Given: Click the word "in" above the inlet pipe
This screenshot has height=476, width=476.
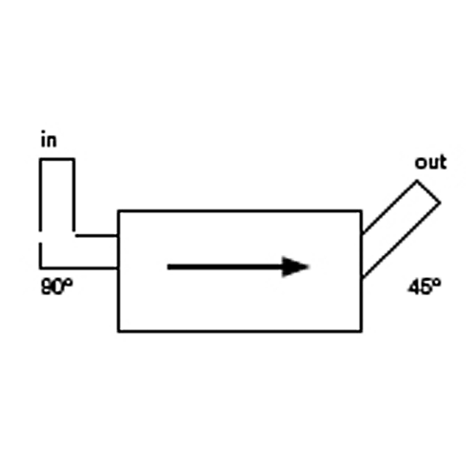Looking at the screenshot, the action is click(x=49, y=140).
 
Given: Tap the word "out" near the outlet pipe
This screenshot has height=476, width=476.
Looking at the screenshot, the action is click(x=430, y=162).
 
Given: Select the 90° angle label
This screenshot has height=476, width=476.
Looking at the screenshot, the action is click(x=57, y=287).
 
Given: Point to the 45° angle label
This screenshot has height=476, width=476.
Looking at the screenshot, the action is click(x=424, y=288).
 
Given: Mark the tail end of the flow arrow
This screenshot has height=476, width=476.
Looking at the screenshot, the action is click(x=168, y=267).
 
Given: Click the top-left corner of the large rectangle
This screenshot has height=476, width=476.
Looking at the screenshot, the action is click(x=118, y=210).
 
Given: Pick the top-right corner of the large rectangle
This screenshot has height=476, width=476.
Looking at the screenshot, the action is click(x=362, y=210).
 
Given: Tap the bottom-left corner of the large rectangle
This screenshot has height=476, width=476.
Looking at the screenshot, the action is click(x=118, y=331).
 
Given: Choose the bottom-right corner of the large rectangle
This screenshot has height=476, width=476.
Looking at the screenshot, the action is click(x=362, y=331).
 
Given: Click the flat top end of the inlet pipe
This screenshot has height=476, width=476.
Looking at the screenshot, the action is click(x=57, y=159).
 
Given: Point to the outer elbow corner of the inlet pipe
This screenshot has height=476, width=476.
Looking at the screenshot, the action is click(x=40, y=268).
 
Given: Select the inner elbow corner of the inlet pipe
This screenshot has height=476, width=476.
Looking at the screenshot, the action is click(x=74, y=235).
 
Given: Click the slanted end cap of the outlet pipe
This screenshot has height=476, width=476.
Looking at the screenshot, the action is click(x=428, y=191).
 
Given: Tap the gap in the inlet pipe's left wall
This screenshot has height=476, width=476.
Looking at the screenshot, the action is click(x=40, y=237).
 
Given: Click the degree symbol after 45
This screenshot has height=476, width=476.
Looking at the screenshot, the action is click(x=436, y=283).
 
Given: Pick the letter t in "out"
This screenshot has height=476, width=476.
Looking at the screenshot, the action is click(x=443, y=162).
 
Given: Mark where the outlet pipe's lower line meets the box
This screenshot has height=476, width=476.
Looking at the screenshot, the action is click(x=362, y=278).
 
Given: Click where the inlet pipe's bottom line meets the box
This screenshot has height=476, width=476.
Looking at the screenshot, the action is click(x=118, y=268).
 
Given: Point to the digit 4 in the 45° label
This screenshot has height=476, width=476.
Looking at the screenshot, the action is click(x=414, y=288).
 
